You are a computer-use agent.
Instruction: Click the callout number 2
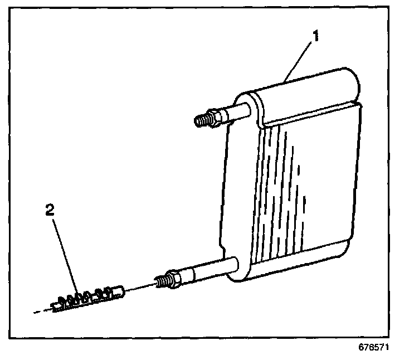(50, 211)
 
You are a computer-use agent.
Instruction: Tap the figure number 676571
(373, 346)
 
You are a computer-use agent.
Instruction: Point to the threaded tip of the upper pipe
(202, 120)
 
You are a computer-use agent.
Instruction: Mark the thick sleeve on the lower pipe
(198, 273)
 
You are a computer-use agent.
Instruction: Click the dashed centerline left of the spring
(42, 310)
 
